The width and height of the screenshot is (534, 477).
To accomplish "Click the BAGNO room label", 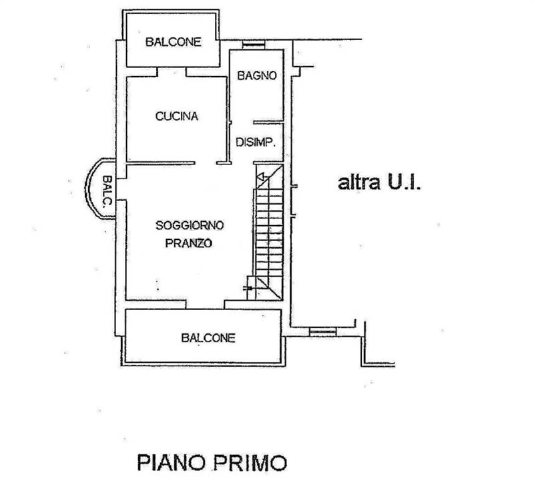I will [x=257, y=76].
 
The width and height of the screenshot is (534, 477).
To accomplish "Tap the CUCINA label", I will [x=176, y=116].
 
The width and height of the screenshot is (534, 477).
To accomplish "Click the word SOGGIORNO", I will [x=189, y=225].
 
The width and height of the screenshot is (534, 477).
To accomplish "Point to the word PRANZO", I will [x=189, y=245].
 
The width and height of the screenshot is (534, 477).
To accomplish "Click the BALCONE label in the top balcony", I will [x=174, y=41].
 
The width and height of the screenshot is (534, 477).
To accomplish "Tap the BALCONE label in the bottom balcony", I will [x=208, y=338].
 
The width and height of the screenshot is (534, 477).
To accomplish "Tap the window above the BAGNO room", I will [x=253, y=45].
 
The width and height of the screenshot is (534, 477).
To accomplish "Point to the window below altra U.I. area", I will [x=322, y=331].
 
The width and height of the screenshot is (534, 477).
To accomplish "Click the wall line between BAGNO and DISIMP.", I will [x=268, y=122].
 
